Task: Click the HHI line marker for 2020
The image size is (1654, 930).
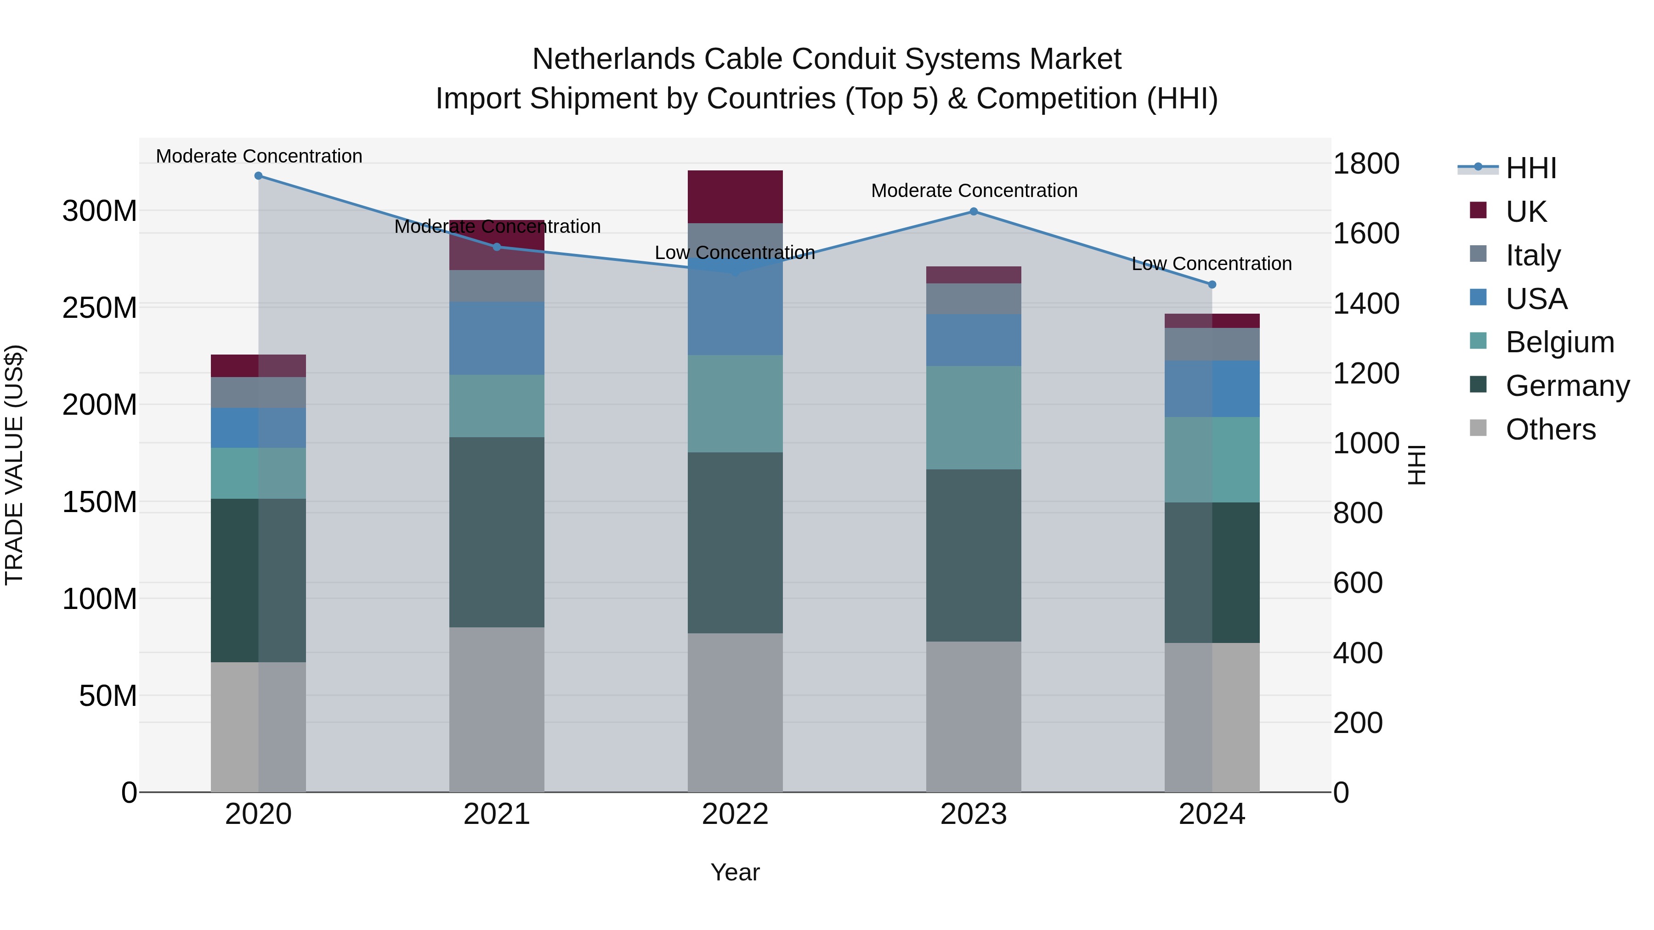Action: pyautogui.click(x=258, y=176)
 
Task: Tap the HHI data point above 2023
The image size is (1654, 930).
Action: pyautogui.click(x=974, y=212)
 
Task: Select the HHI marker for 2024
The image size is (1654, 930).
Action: pyautogui.click(x=1212, y=284)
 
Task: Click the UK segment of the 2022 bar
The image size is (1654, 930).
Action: pyautogui.click(x=735, y=197)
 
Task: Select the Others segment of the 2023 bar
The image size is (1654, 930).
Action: pyautogui.click(x=974, y=716)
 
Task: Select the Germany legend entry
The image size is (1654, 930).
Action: pyautogui.click(x=1567, y=386)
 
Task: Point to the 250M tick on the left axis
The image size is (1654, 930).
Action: pyautogui.click(x=100, y=307)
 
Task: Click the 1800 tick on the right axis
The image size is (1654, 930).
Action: pyautogui.click(x=1366, y=163)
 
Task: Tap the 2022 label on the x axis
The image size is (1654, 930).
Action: pyautogui.click(x=735, y=814)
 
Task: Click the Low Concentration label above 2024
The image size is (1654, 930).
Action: pyautogui.click(x=1211, y=264)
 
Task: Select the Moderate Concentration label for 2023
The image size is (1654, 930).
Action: pyautogui.click(x=974, y=191)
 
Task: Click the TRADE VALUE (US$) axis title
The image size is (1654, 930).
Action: pyautogui.click(x=14, y=465)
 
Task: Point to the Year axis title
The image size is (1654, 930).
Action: pyautogui.click(x=735, y=872)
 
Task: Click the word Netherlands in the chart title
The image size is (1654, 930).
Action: pyautogui.click(x=613, y=59)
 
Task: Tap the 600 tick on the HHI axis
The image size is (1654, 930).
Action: pyautogui.click(x=1357, y=583)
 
